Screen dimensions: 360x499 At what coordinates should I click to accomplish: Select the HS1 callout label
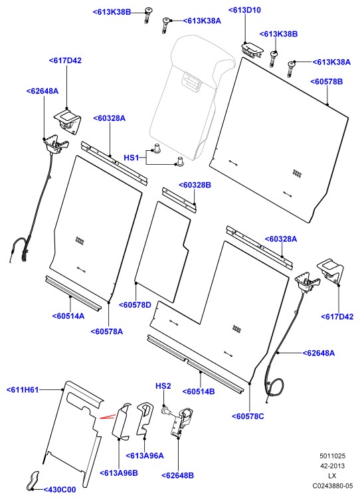[132, 157]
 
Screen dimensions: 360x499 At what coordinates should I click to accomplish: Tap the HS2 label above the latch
[163, 386]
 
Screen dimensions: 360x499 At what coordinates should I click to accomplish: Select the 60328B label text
[195, 185]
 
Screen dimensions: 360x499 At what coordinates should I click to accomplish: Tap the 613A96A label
[145, 456]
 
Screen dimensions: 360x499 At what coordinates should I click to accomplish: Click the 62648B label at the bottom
[178, 476]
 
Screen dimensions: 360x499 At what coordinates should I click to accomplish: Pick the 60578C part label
[248, 416]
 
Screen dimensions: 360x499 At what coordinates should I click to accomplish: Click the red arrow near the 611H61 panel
[107, 417]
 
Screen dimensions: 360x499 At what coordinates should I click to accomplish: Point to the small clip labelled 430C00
[33, 480]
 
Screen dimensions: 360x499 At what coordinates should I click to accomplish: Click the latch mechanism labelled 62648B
[180, 422]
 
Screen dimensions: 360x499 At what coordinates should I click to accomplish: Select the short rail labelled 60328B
[179, 200]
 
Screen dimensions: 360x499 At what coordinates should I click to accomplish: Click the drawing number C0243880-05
[333, 486]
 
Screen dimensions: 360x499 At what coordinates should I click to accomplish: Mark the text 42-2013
[332, 466]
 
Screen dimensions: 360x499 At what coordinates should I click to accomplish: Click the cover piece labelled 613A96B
[122, 422]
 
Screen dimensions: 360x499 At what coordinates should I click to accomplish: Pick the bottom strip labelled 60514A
[73, 294]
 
